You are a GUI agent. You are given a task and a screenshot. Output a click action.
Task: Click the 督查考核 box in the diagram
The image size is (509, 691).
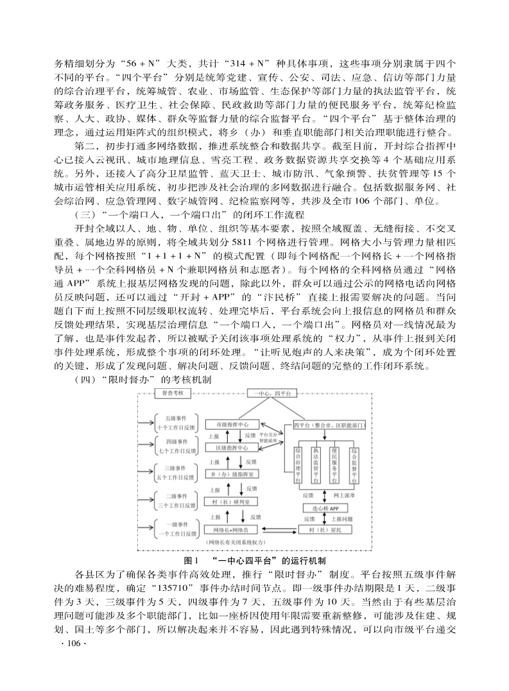173,392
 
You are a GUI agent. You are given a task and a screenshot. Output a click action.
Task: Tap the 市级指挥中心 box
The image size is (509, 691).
232,424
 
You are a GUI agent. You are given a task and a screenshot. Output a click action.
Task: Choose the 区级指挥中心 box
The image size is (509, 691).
232,447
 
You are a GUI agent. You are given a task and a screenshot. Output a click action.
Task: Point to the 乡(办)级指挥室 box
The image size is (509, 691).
232,473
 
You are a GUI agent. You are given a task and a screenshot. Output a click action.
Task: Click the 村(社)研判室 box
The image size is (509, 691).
232,502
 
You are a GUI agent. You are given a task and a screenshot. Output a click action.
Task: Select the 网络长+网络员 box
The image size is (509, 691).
232,530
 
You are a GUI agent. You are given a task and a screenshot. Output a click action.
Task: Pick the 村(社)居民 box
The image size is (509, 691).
327,530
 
